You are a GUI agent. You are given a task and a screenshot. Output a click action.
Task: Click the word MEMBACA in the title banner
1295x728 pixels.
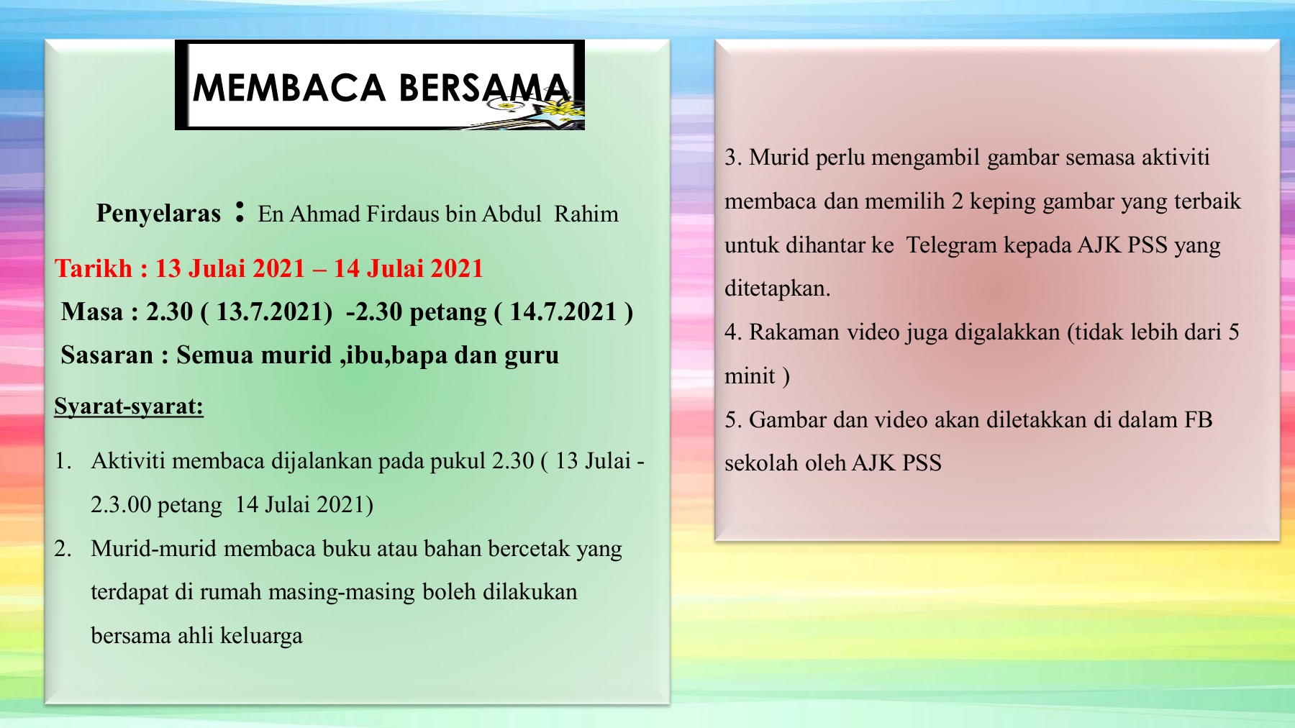(x=289, y=88)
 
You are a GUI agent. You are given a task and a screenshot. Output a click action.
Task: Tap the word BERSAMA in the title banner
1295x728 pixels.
(x=485, y=88)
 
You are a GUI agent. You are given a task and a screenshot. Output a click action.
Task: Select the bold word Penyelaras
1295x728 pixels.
(x=158, y=214)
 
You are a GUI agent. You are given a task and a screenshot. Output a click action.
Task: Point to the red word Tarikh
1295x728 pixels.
(x=94, y=268)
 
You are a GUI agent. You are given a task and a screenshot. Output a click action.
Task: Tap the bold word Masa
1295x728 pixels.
(x=92, y=311)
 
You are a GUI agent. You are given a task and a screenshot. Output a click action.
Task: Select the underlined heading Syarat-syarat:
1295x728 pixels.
(x=129, y=406)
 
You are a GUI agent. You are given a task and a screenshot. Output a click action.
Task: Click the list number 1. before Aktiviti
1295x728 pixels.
(x=63, y=461)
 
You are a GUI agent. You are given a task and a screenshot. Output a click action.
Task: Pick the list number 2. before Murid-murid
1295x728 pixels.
(x=63, y=549)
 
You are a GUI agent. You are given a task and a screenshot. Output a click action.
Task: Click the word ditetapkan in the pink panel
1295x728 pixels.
(x=777, y=288)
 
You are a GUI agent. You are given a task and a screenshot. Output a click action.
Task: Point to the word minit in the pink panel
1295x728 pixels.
(x=750, y=376)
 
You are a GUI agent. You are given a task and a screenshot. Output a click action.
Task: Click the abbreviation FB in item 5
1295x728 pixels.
(x=1198, y=419)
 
